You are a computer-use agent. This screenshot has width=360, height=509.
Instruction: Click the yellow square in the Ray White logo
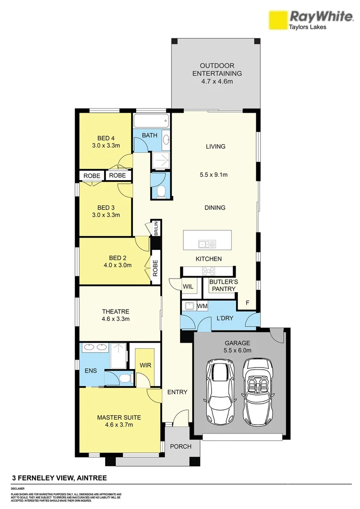click(278, 20)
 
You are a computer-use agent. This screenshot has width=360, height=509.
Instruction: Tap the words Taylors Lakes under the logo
click(307, 27)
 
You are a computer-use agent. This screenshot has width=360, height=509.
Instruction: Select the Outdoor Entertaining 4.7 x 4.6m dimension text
click(217, 82)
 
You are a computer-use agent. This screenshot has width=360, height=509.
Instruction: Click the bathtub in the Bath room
click(151, 122)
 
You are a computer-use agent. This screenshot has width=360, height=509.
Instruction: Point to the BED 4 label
click(106, 138)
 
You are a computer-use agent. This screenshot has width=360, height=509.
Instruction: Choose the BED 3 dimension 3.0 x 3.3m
click(106, 215)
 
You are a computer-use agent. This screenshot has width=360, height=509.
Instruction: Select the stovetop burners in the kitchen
click(208, 271)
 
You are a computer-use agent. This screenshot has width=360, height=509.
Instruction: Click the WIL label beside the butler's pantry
click(188, 286)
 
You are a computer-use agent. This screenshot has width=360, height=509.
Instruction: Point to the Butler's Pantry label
click(223, 286)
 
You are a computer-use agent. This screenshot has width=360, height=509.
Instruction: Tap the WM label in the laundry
click(202, 306)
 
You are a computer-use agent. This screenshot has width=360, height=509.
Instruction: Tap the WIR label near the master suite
click(144, 366)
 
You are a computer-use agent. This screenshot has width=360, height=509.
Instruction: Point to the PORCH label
click(180, 446)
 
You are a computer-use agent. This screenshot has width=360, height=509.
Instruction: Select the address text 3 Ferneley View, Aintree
click(59, 478)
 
